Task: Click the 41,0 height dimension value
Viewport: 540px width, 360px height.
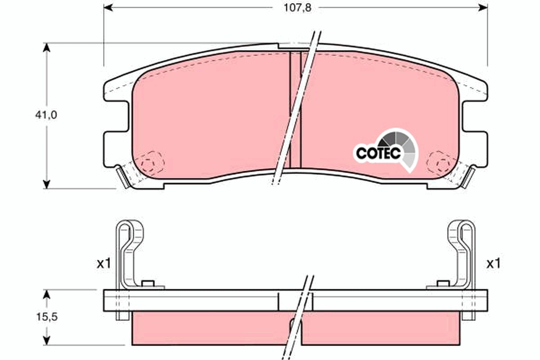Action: (46, 115)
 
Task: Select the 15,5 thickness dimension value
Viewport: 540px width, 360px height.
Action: (46, 317)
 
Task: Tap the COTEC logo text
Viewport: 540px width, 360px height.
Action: (378, 153)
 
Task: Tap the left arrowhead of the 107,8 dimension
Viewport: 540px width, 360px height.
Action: (108, 7)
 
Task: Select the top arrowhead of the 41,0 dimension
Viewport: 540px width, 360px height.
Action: (46, 48)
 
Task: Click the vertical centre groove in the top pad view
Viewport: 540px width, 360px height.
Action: (295, 108)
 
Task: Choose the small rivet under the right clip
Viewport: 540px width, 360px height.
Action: (443, 283)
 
